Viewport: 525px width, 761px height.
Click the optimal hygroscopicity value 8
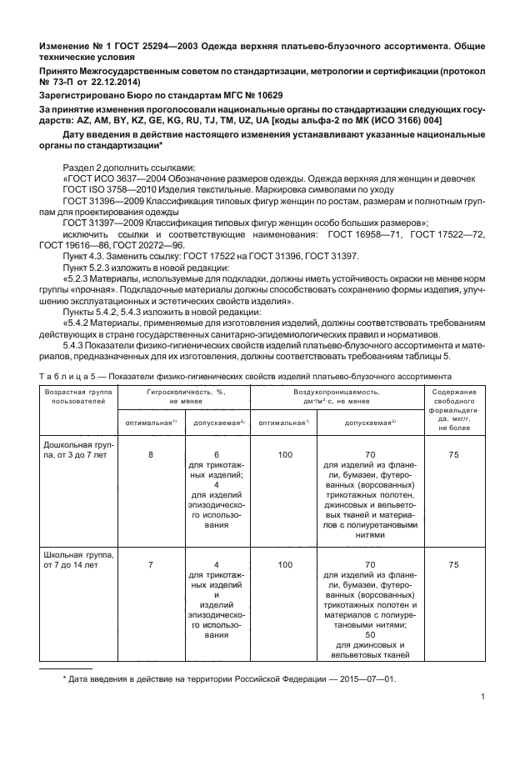[x=150, y=454]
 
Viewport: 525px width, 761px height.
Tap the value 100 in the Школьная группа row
[x=285, y=564]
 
